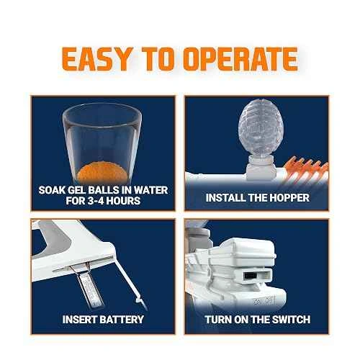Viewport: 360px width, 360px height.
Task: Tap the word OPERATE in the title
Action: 242,59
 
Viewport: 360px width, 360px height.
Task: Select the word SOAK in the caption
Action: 52,190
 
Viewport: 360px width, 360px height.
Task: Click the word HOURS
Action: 123,201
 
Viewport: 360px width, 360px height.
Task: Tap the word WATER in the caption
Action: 151,190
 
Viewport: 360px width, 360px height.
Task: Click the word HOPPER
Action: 289,198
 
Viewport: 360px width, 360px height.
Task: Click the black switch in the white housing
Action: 251,276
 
